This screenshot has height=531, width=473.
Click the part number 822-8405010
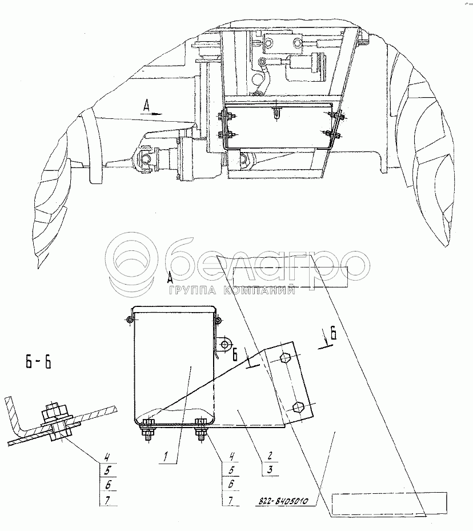pyautogui.click(x=280, y=501)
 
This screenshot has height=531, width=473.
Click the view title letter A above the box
pyautogui.click(x=170, y=278)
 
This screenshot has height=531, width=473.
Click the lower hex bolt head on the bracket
pyautogui.click(x=297, y=408)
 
